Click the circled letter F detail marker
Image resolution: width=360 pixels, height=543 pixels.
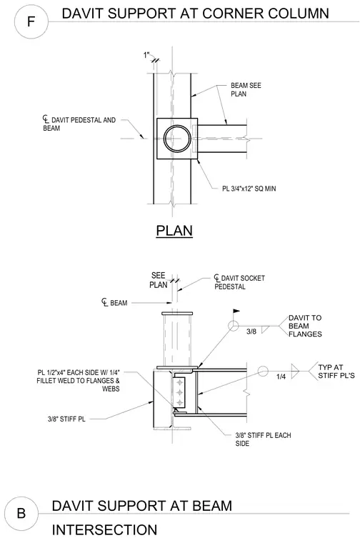(x=31, y=22)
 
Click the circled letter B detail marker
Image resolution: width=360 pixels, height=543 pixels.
(x=21, y=513)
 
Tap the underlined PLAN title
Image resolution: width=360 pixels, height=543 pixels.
(x=174, y=231)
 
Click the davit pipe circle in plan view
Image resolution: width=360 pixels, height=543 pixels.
(x=177, y=138)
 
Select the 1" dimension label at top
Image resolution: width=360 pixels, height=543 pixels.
(x=146, y=55)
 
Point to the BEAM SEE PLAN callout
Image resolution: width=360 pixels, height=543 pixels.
(x=246, y=89)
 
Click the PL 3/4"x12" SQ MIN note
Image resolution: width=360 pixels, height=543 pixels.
(x=249, y=189)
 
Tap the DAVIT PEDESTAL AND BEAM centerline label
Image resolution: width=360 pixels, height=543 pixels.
(x=79, y=124)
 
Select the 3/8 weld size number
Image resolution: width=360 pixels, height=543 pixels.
(x=251, y=332)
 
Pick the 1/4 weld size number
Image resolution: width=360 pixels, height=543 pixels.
(x=281, y=377)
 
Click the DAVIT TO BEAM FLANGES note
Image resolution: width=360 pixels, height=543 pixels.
(x=305, y=326)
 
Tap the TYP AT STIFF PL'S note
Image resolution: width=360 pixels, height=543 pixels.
(x=336, y=372)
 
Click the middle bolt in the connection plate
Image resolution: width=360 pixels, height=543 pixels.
(x=179, y=392)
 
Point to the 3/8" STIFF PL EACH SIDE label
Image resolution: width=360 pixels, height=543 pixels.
(x=263, y=439)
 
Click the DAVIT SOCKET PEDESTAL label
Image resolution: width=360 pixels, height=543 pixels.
(x=239, y=282)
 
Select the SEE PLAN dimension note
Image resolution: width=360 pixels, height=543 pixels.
(x=159, y=280)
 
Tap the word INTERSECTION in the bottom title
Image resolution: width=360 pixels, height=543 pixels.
(x=104, y=530)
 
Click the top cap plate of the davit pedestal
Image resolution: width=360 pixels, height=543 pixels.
(x=177, y=314)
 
